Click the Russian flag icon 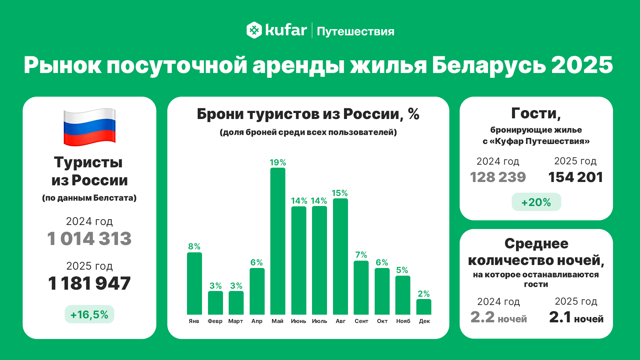coord(89,127)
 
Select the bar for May coord(278,241)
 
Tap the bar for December coord(424,307)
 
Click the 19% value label coord(278,162)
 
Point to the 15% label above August coord(340,193)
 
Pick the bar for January coord(194,283)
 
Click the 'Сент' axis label coord(361,321)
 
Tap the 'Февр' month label coord(215,321)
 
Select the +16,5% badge coord(89,314)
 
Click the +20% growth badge coord(536,202)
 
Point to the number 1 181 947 coord(89,283)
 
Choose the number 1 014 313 coord(89,239)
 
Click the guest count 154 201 coord(575,177)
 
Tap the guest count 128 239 coord(498,177)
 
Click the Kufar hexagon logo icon coord(254,30)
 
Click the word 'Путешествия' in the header coord(355,31)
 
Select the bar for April coord(257,291)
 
